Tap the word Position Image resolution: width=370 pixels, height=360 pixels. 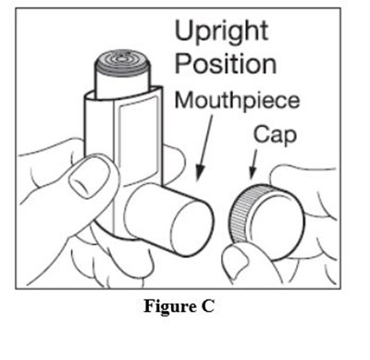[x=226, y=64]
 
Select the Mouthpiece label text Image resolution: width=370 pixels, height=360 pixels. [x=237, y=101]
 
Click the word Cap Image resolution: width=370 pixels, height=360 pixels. [x=275, y=135]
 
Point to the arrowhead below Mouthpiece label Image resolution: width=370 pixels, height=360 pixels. [x=200, y=172]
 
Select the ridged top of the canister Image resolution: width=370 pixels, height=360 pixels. [x=122, y=63]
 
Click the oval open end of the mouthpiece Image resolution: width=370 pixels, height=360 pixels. [x=192, y=228]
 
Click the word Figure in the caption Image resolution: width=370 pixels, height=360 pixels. [x=165, y=306]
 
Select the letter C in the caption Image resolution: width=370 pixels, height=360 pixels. [x=207, y=306]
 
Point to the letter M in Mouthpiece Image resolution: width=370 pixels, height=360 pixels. [x=184, y=99]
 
